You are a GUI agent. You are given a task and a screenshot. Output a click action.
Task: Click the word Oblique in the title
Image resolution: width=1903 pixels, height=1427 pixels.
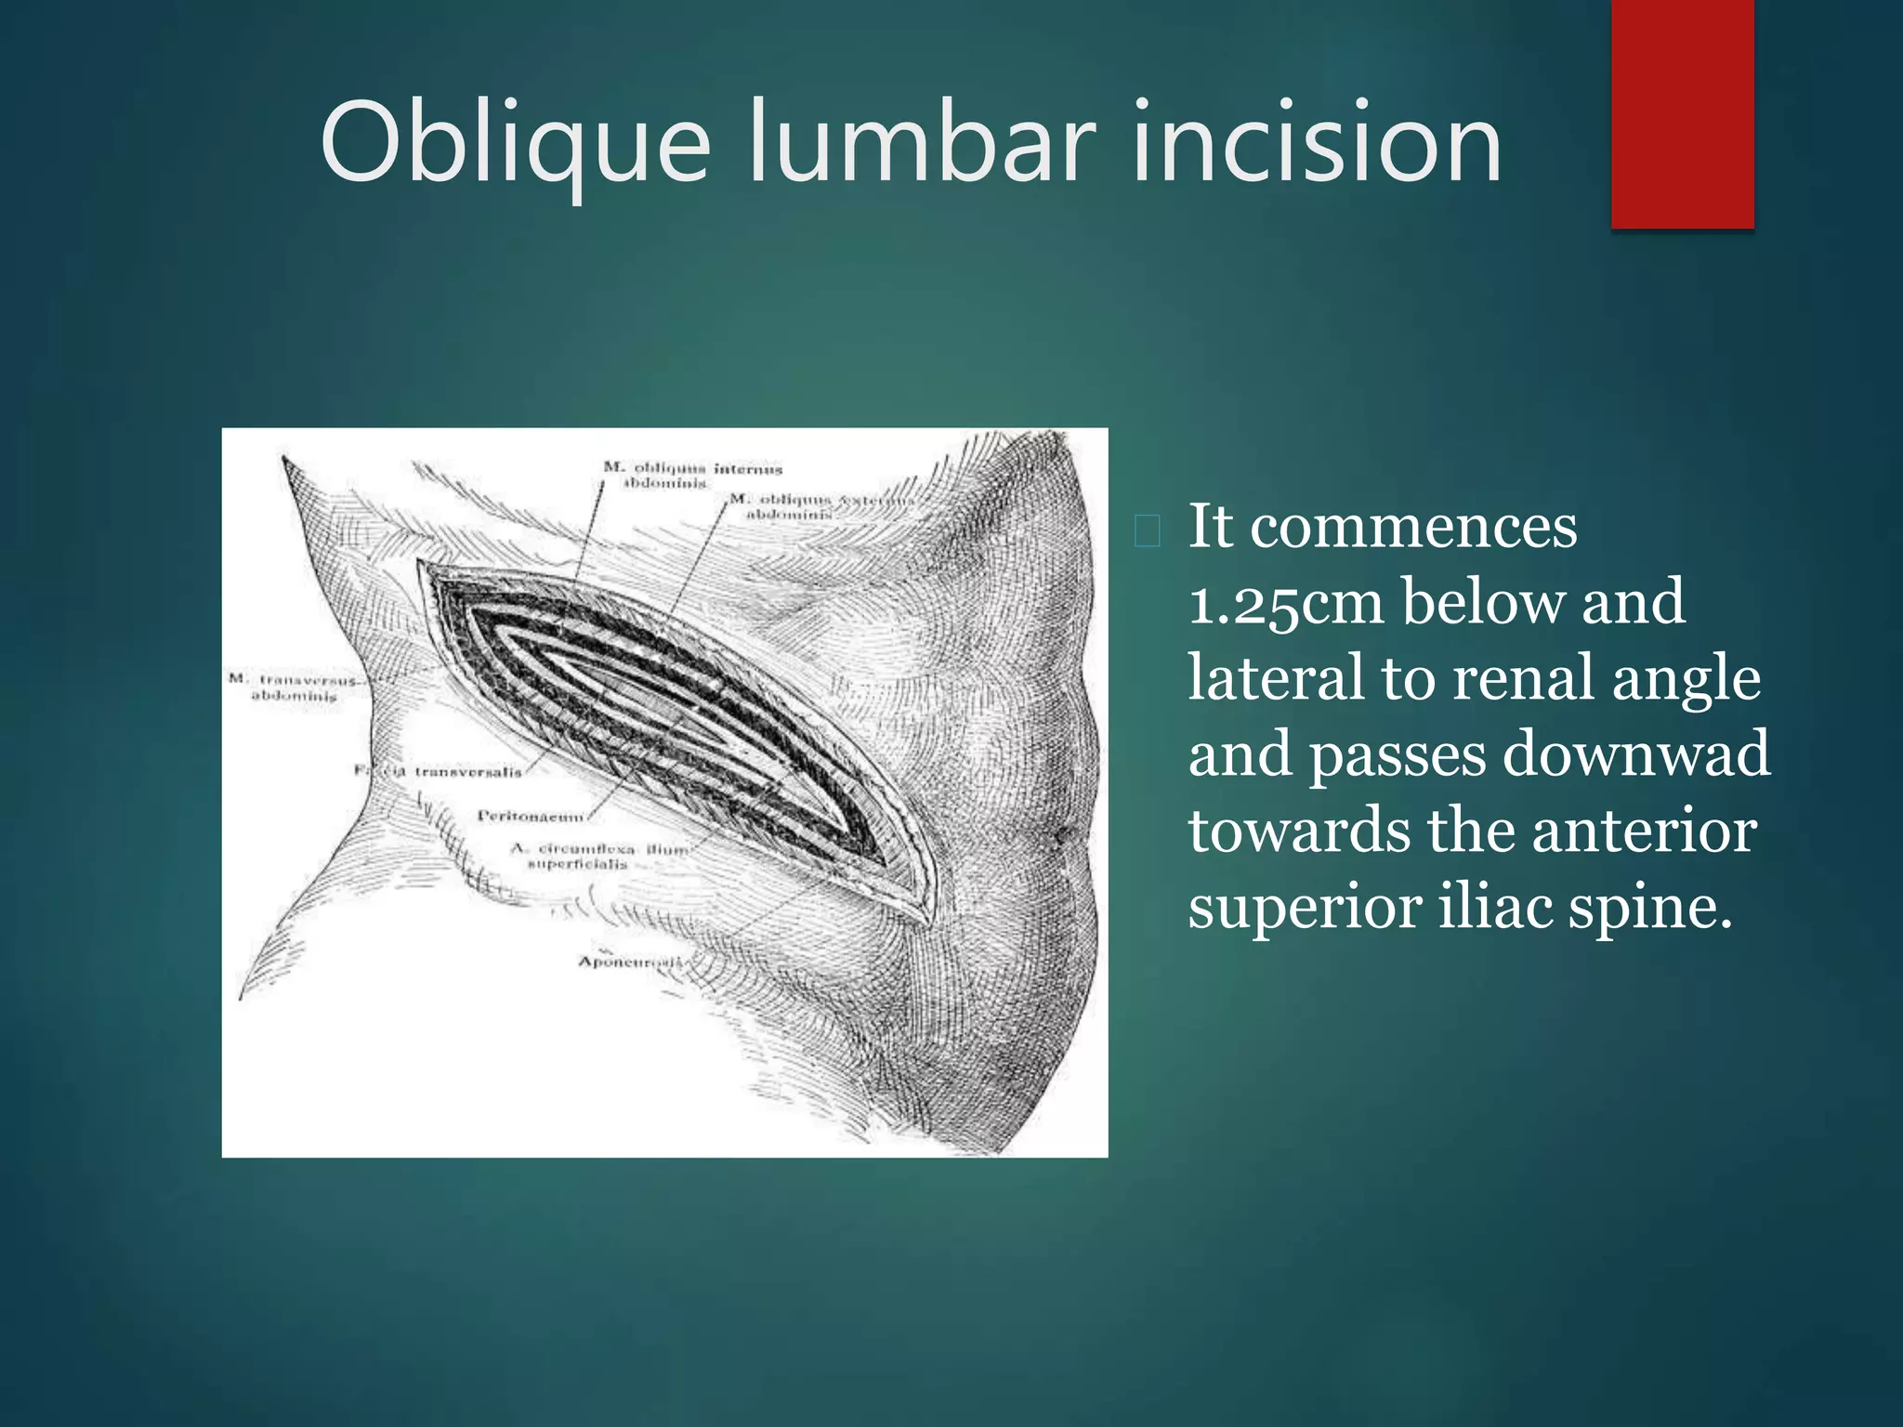point(516,144)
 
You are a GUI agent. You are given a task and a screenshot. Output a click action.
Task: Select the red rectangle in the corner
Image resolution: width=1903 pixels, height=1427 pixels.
point(1682,113)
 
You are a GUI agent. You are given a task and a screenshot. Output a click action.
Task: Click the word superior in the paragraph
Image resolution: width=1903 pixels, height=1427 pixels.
point(1305,907)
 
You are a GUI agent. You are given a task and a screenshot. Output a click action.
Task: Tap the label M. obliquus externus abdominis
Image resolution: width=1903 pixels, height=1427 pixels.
point(818,506)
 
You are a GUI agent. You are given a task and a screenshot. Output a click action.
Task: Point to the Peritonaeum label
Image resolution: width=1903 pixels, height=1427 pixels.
point(531,816)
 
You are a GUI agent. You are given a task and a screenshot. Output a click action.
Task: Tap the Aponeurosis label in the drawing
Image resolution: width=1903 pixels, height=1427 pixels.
point(630,962)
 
